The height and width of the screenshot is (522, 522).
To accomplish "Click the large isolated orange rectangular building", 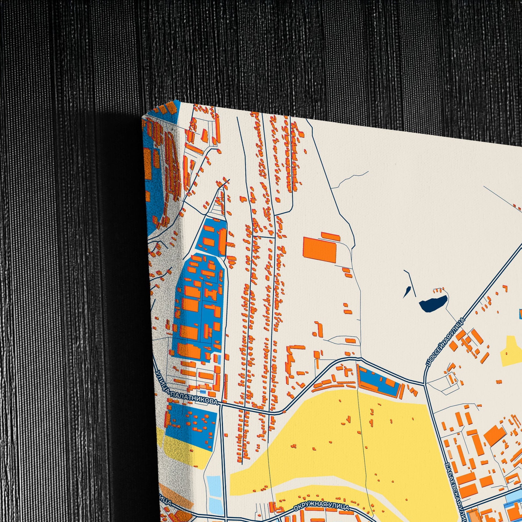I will [319, 250].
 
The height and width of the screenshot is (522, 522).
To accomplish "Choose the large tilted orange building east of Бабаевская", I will [494, 435].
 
